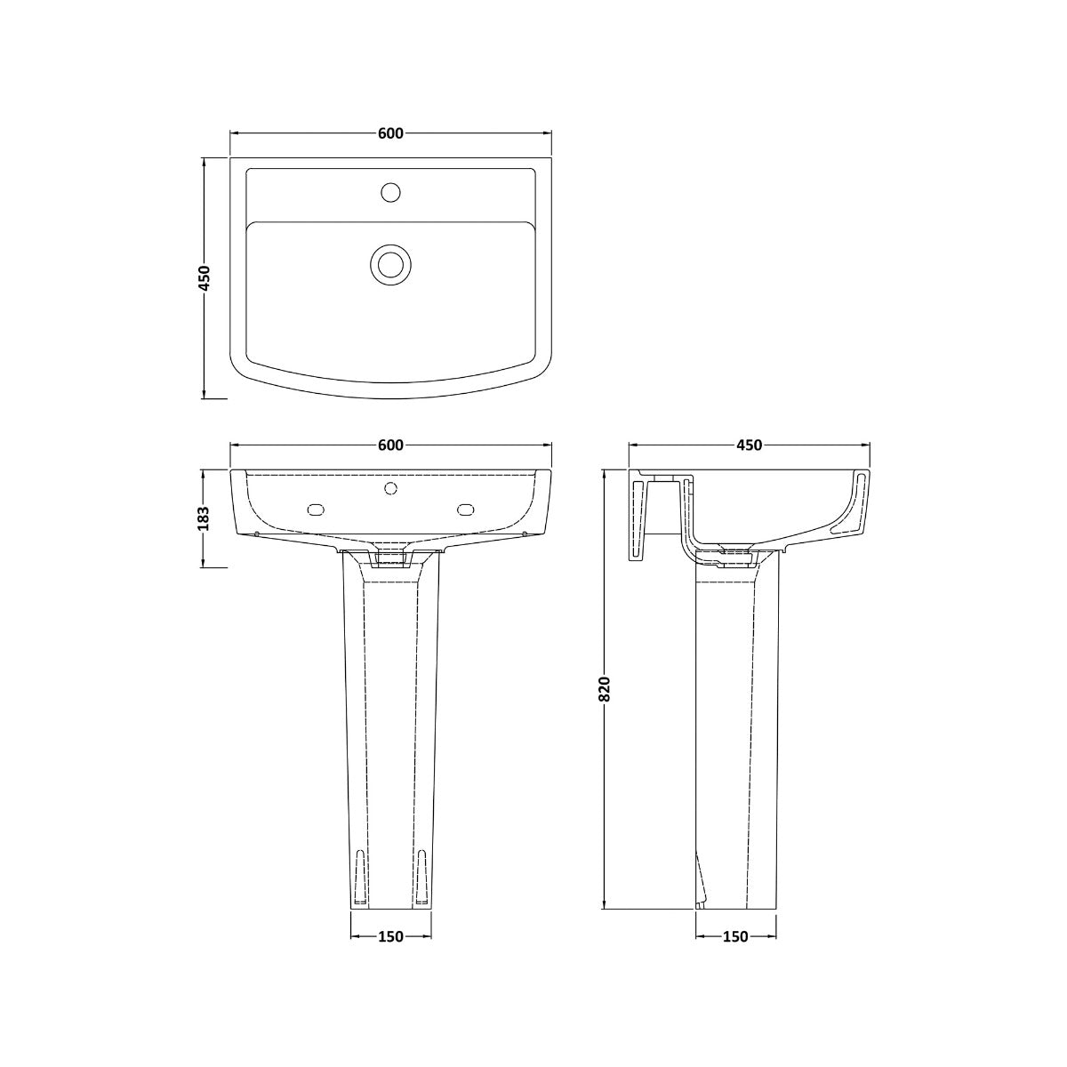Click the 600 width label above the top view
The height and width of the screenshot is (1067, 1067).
(390, 133)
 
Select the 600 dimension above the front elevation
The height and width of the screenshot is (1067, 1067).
(390, 445)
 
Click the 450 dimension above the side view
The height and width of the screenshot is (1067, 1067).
(749, 445)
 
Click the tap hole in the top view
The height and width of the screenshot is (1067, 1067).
(389, 191)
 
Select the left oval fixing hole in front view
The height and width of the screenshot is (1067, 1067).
(315, 509)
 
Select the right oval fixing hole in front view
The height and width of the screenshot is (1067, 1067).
(466, 509)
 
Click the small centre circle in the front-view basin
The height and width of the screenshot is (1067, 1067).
(389, 488)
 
